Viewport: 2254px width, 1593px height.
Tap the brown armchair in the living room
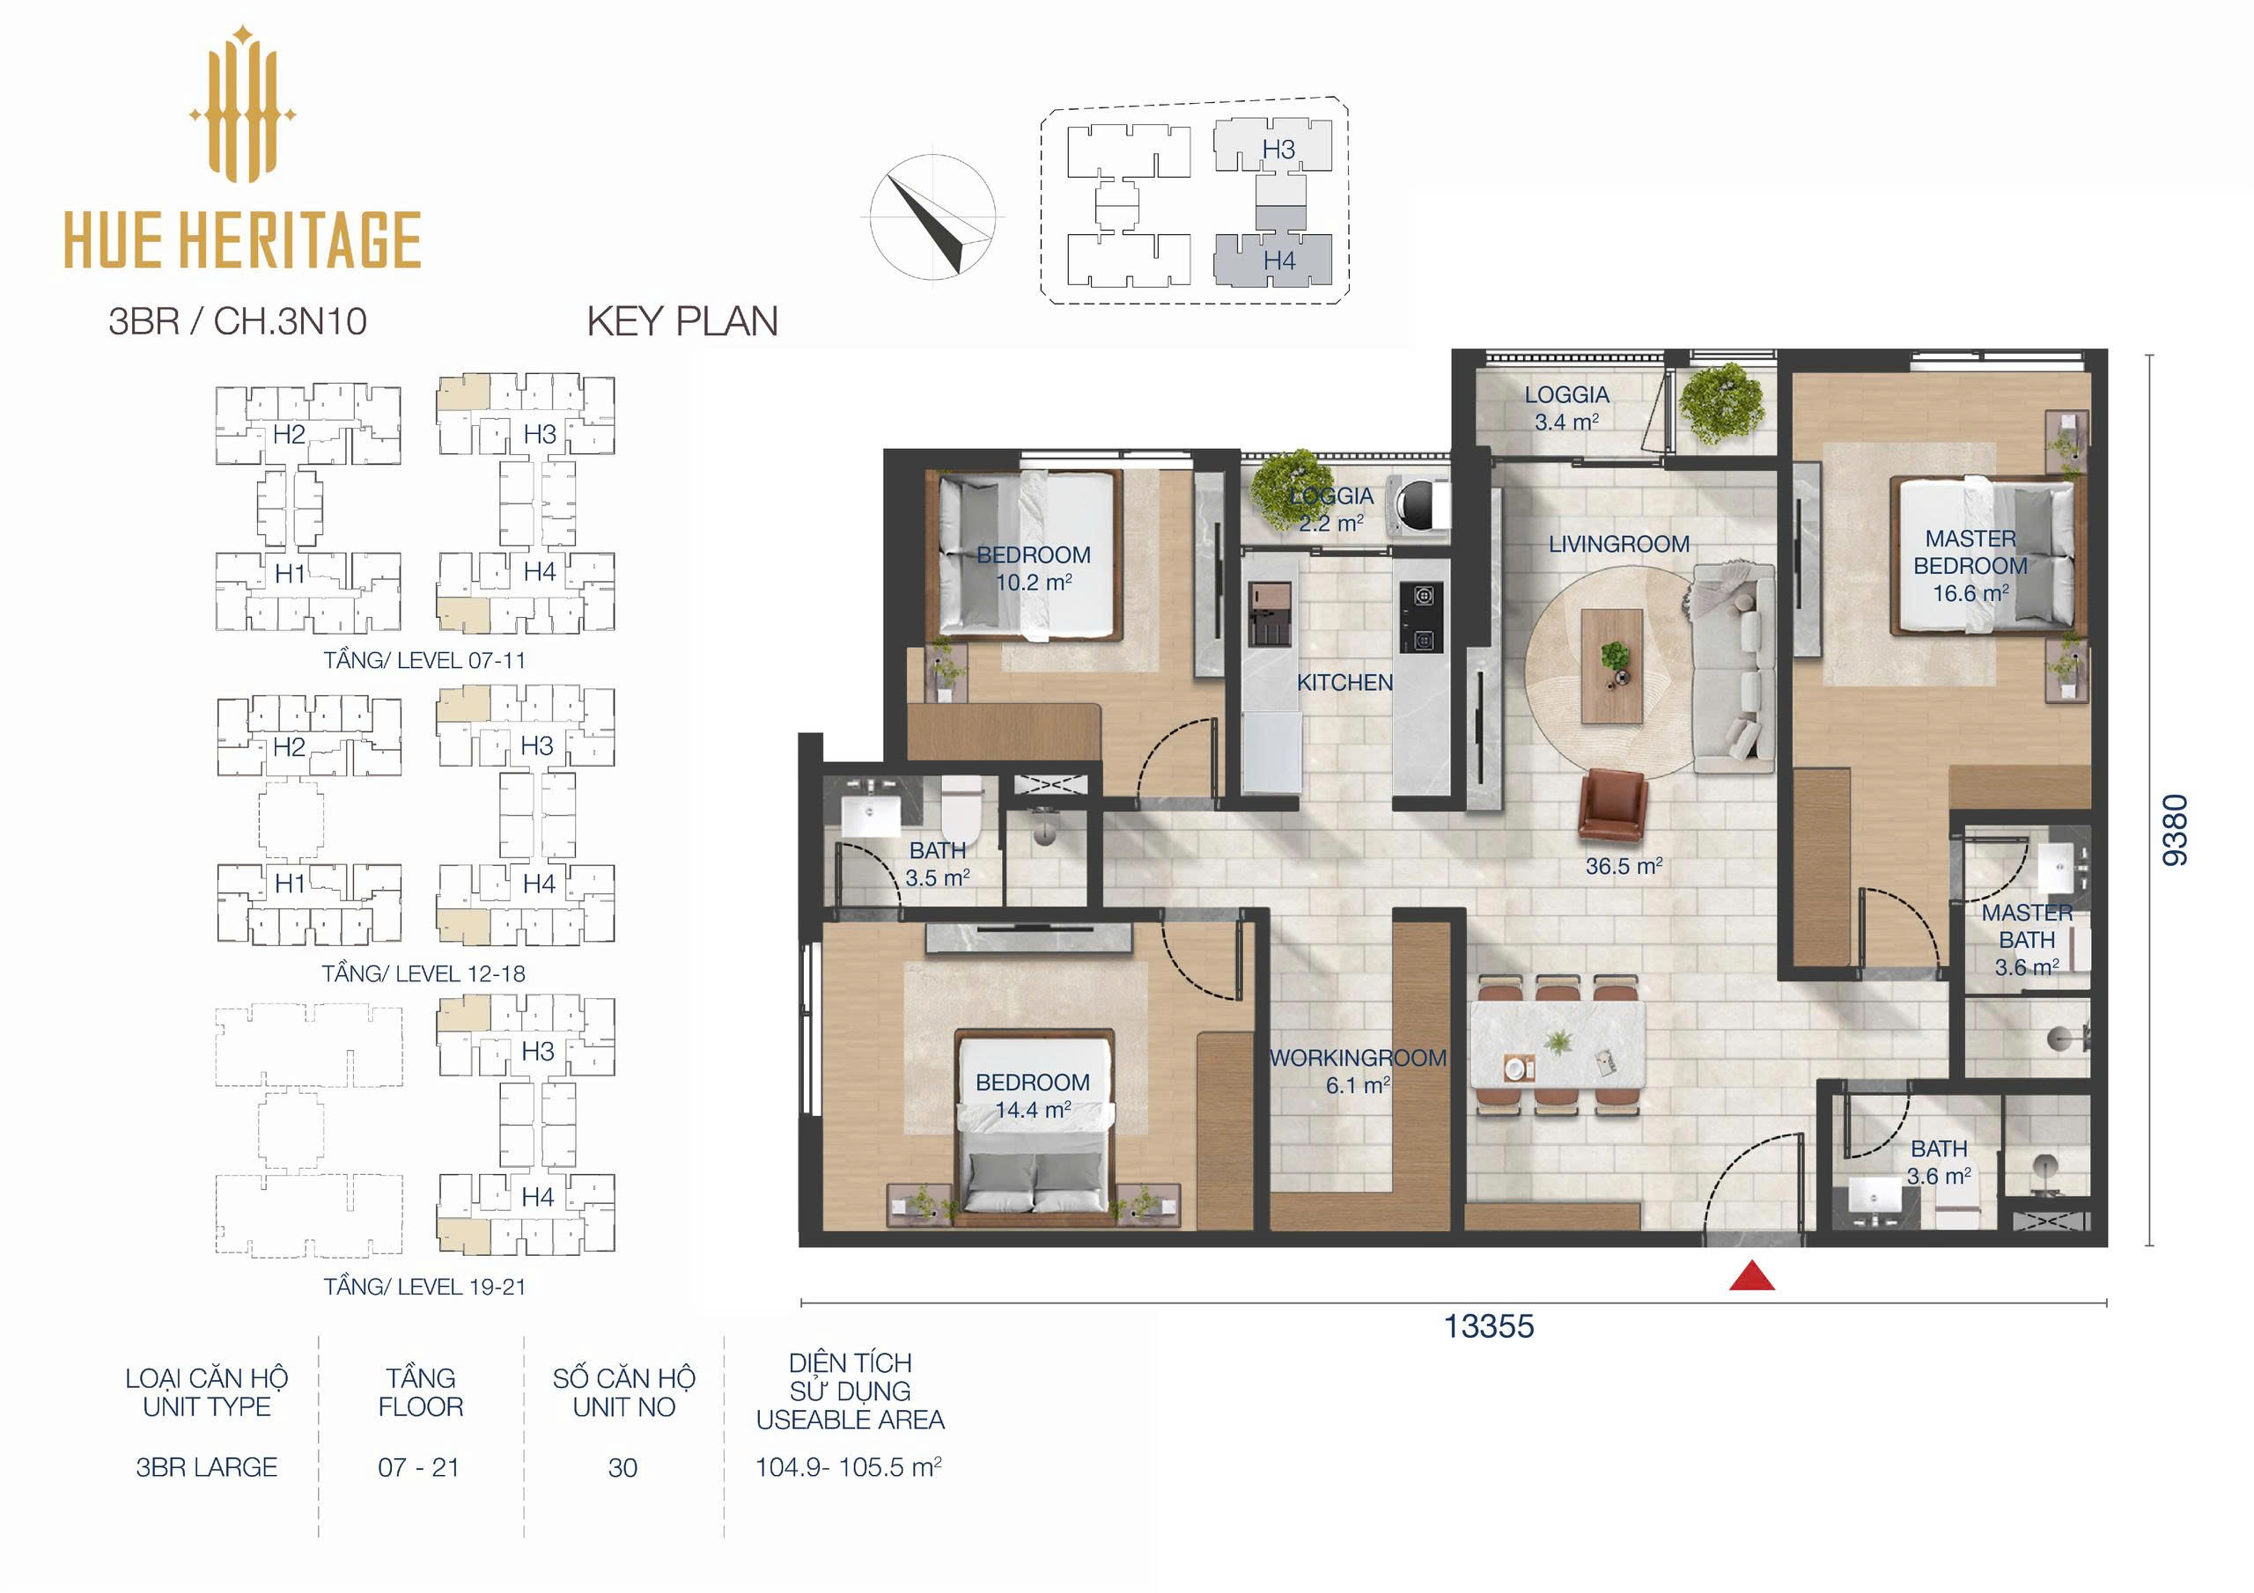1612,804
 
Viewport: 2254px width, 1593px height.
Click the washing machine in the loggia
1418,504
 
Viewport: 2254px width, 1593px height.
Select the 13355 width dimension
1488,1326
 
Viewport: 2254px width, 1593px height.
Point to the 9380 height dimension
2176,829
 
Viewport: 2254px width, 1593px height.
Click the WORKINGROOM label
1358,1058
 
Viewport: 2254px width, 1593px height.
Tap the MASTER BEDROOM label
1970,553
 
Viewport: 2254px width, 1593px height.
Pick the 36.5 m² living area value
1624,866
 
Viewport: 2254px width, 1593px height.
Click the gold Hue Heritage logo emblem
242,104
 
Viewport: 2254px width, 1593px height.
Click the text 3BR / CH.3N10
238,321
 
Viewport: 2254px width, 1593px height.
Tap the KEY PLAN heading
682,321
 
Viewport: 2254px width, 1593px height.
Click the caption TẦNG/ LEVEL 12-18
424,973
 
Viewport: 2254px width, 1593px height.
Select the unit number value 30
622,1467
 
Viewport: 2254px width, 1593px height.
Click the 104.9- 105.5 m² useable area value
848,1467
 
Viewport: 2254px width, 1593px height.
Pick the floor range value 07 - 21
418,1467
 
